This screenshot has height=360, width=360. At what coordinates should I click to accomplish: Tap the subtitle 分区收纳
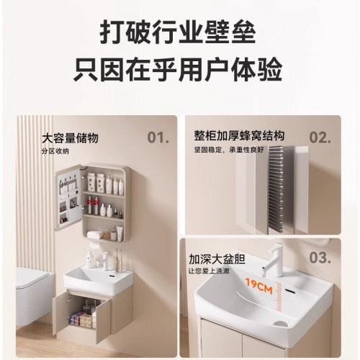tap(57, 150)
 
